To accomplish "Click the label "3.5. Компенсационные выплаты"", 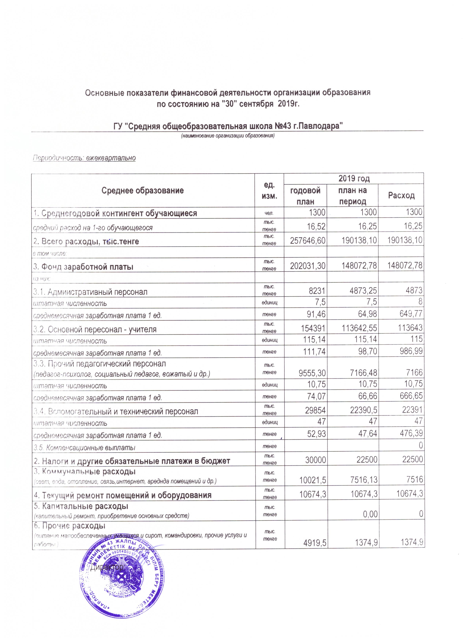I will click(x=84, y=448).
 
